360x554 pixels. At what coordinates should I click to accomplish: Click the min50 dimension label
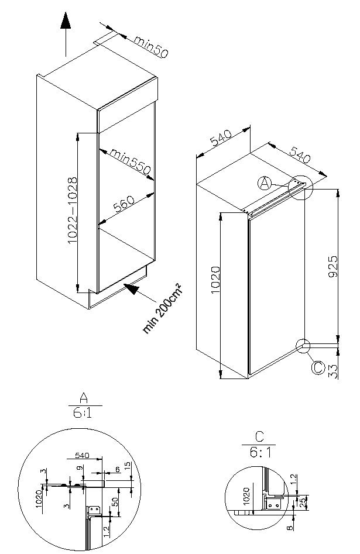(151, 46)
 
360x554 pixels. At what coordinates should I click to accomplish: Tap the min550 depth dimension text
(131, 161)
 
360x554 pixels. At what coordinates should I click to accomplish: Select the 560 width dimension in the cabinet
(124, 203)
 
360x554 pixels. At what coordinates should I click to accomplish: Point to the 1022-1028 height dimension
(73, 211)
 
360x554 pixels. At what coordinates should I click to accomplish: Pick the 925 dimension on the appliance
(333, 266)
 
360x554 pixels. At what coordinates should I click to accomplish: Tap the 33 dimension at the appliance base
(333, 371)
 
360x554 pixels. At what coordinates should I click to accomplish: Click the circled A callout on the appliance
(265, 183)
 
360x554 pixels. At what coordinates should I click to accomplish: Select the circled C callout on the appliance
(318, 367)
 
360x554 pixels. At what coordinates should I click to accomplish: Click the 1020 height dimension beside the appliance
(215, 280)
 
